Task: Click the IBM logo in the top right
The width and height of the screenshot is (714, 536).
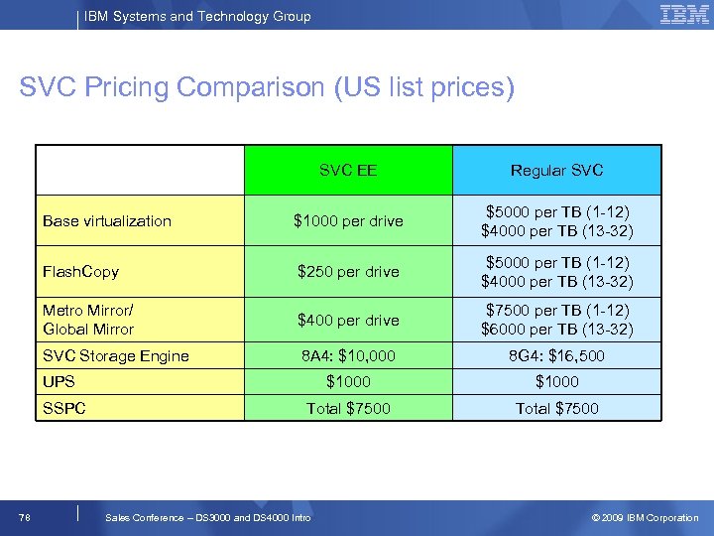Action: (683, 15)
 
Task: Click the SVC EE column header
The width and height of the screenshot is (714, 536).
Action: (348, 170)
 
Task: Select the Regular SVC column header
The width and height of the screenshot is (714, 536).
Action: (556, 170)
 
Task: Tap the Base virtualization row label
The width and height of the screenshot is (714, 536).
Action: (107, 221)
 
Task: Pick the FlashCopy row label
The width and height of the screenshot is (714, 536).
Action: (81, 271)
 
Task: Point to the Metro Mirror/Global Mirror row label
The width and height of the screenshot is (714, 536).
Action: (88, 320)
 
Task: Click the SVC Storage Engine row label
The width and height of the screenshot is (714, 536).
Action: (115, 355)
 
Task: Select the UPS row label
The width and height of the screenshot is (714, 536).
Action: (59, 381)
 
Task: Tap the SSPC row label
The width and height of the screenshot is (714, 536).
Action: (64, 408)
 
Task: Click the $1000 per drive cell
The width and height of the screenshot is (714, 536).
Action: (348, 221)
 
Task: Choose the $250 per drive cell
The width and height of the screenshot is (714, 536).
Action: (348, 271)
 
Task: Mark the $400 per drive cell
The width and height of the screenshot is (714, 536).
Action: (348, 320)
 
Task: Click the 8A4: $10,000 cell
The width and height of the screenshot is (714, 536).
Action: (348, 355)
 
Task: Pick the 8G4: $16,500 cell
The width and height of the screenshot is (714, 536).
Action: (556, 355)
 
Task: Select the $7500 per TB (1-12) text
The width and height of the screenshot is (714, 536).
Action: (556, 311)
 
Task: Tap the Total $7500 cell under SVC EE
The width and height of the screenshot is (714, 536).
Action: (348, 408)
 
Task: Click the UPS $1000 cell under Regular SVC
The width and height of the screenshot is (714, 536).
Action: (556, 381)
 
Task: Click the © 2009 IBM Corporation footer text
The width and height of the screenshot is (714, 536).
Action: (645, 517)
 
